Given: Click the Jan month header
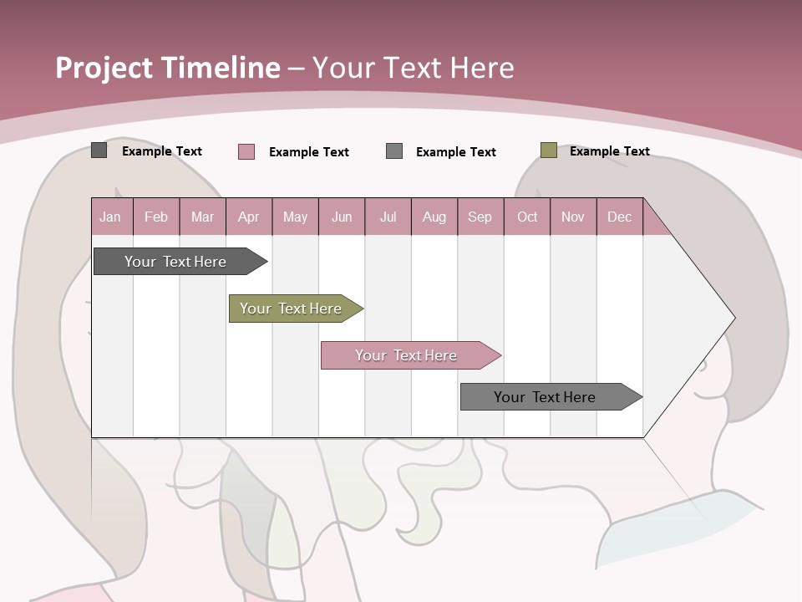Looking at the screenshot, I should tap(110, 217).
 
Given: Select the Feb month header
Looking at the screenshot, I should tap(156, 217).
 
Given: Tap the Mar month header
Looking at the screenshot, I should tap(202, 217).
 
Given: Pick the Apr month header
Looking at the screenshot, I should tap(248, 217).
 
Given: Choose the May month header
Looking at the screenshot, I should tap(295, 217).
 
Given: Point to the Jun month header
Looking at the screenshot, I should tap(342, 217).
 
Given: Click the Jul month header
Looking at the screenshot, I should tap(388, 217).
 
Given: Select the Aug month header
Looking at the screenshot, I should tap(434, 217).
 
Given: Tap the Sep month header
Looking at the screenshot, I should tap(480, 217).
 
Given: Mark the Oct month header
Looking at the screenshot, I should tap(527, 217).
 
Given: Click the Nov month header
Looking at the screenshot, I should tap(572, 217).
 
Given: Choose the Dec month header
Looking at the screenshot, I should tap(619, 217).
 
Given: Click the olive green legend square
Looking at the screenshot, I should tap(548, 150).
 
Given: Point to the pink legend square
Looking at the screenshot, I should tap(246, 151).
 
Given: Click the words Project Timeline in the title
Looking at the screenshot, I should tap(168, 68).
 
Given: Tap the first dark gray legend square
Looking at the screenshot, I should tap(99, 150).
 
